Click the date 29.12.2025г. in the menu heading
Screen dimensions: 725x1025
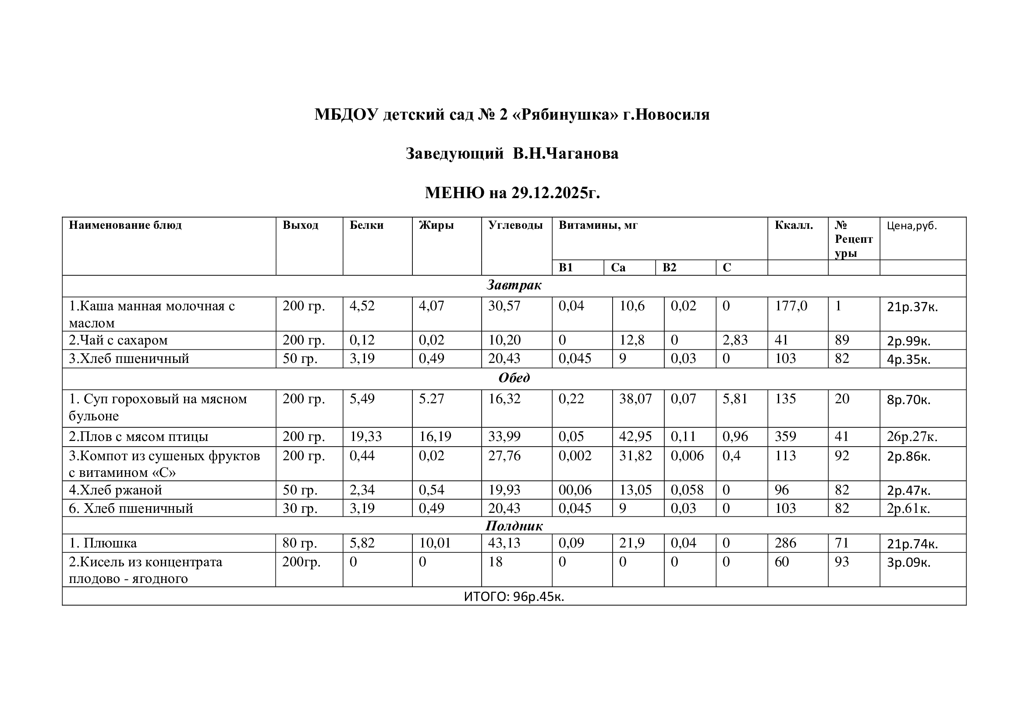pos(555,193)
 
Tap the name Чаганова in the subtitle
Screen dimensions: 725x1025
pos(582,153)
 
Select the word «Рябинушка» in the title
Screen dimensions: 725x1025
pos(567,115)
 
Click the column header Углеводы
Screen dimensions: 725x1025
pos(515,225)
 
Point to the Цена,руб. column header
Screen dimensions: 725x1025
pos(912,226)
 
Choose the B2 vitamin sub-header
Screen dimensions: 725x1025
pos(669,267)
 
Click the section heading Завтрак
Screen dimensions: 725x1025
pos(514,285)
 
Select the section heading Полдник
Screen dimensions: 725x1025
pos(514,526)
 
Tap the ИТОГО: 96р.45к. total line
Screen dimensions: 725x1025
pos(514,597)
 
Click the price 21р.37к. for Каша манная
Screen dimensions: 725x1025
pos(912,307)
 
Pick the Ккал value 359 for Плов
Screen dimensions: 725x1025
pos(785,436)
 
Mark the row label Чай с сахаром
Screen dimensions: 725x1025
pos(118,340)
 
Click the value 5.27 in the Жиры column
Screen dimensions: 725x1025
pos(431,398)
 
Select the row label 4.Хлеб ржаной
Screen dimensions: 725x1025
pos(115,490)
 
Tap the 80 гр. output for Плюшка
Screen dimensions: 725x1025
pos(300,543)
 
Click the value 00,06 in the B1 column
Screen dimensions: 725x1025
pos(575,490)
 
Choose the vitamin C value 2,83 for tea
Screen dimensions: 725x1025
pos(735,340)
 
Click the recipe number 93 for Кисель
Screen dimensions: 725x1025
pos(841,562)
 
